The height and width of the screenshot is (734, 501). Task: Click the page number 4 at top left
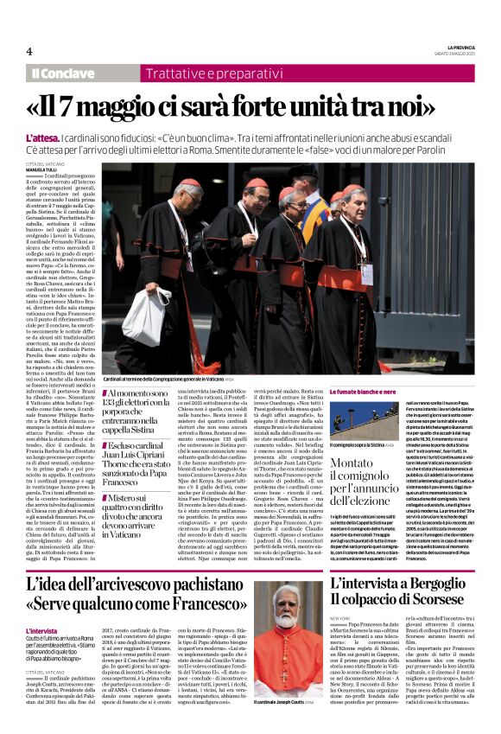(x=29, y=50)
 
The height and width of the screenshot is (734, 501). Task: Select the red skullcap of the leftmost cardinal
(x=187, y=183)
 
